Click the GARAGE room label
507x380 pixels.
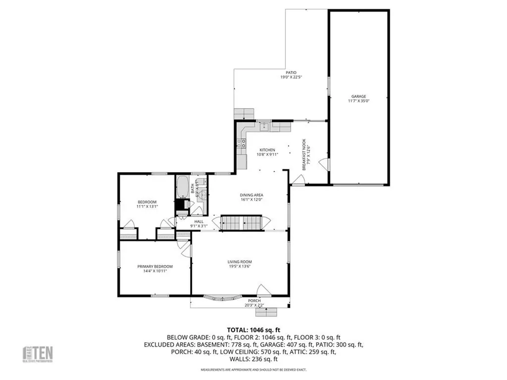(359, 96)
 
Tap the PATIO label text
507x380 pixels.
(290, 72)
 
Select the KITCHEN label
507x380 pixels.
(267, 150)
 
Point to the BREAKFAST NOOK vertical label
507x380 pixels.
(305, 155)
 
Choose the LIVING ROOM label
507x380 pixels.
(240, 262)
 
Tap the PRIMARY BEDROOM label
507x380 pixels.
(155, 266)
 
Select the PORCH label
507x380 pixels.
(254, 300)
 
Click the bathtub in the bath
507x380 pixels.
(182, 188)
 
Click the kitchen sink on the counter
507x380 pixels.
(264, 126)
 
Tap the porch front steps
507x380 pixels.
(270, 312)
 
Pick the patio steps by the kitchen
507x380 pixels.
(244, 113)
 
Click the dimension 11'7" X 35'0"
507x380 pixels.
(359, 101)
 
